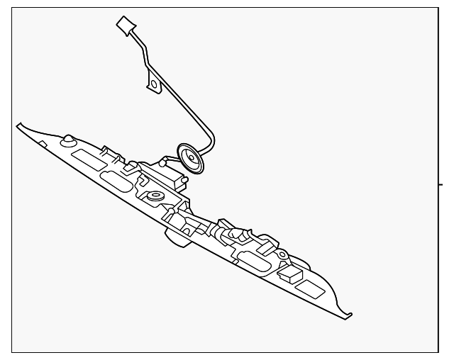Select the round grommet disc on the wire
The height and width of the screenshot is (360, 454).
click(x=189, y=158)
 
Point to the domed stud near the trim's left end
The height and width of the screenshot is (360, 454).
click(x=68, y=140)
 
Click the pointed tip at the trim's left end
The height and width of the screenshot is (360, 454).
click(x=19, y=125)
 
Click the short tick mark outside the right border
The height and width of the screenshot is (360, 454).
click(x=443, y=184)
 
